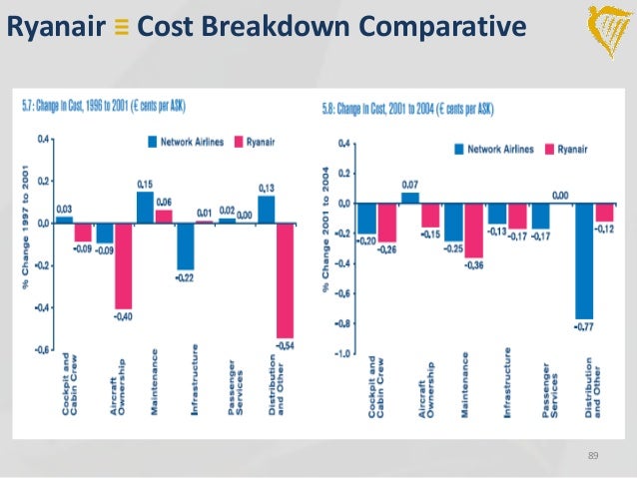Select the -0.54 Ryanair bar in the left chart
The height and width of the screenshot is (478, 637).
285,279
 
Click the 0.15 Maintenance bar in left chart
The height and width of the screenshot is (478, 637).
146,207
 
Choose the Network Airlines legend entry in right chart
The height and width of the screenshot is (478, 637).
493,148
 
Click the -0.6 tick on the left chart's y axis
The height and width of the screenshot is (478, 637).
40,350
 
